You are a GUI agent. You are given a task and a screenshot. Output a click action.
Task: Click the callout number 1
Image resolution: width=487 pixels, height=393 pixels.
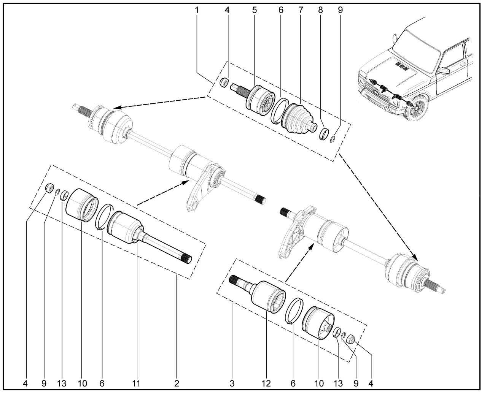click(197, 10)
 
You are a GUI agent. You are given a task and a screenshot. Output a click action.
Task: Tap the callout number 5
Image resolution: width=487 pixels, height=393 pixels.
click(254, 10)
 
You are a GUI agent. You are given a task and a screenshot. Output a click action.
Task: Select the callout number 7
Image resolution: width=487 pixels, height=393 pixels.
click(301, 10)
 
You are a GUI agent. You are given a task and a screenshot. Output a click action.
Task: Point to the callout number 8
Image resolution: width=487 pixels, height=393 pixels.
click(320, 10)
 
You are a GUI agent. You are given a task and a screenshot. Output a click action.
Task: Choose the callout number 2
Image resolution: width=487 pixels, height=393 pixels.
click(177, 383)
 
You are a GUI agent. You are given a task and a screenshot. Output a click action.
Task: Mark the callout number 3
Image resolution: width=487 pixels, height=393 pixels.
click(232, 383)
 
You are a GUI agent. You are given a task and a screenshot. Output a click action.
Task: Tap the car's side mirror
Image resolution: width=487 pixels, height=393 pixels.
click(444, 71)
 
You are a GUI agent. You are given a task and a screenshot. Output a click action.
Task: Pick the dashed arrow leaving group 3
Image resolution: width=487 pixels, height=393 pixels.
click(299, 262)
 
